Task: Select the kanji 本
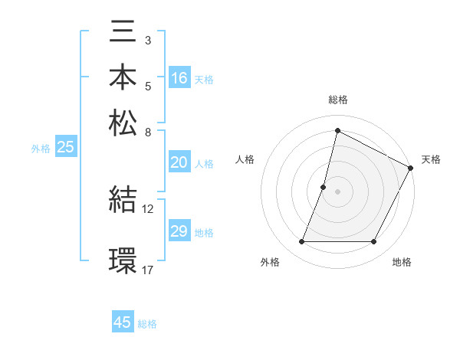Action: pyautogui.click(x=123, y=79)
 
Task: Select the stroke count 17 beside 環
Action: pyautogui.click(x=148, y=269)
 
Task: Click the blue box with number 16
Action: pyautogui.click(x=179, y=78)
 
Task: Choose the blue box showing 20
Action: pyautogui.click(x=179, y=162)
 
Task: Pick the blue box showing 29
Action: pyautogui.click(x=179, y=231)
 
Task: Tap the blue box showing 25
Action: pyautogui.click(x=65, y=148)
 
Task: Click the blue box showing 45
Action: pyautogui.click(x=123, y=322)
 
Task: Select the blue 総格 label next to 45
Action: pyautogui.click(x=148, y=324)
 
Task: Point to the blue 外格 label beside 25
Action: pyautogui.click(x=40, y=149)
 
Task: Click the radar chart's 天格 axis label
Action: pyautogui.click(x=431, y=159)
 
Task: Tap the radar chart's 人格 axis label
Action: pyautogui.click(x=245, y=159)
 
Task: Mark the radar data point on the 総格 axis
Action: pyautogui.click(x=337, y=131)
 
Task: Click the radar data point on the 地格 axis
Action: pyautogui.click(x=374, y=242)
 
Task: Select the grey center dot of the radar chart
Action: pyautogui.click(x=337, y=191)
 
